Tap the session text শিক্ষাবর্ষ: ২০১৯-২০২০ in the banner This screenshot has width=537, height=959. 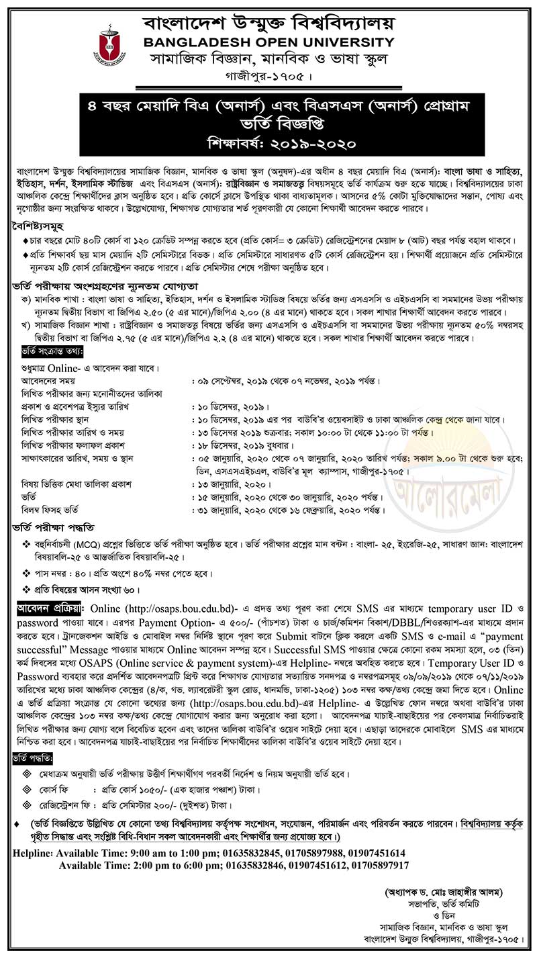(x=268, y=143)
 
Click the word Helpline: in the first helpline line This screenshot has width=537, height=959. (x=34, y=852)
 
